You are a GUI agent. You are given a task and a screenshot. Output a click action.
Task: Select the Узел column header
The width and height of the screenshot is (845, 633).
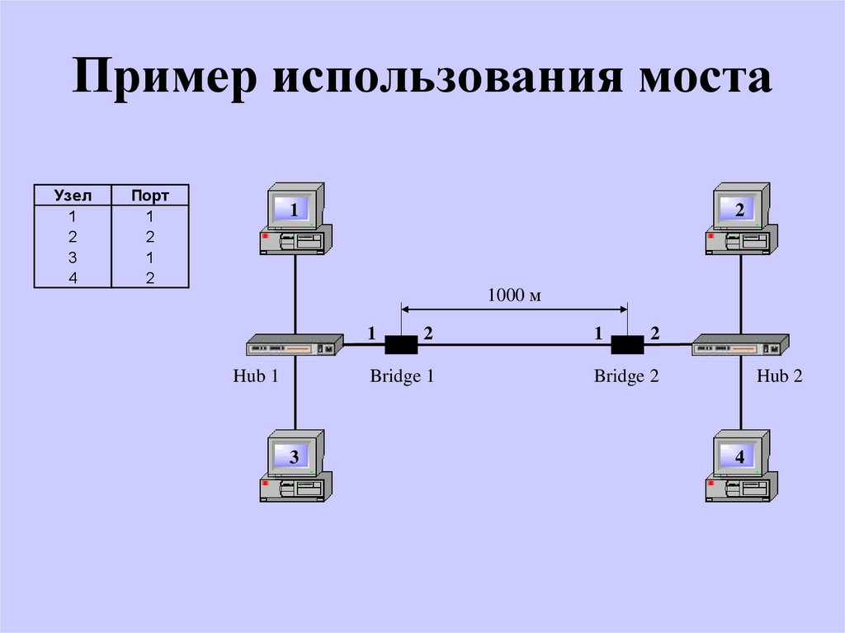pos(72,196)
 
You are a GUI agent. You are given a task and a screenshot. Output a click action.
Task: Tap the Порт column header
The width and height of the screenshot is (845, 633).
pos(150,196)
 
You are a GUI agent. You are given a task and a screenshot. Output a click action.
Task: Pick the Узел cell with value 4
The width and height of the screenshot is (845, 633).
pos(73,277)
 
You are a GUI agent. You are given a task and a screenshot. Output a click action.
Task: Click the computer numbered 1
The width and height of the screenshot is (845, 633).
pos(295,219)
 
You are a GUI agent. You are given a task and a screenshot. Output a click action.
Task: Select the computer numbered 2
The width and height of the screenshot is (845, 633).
pos(739,219)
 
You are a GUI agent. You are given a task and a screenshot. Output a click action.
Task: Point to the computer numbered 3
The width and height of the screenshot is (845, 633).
pos(295,466)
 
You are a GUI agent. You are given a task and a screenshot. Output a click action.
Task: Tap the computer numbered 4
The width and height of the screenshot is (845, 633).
pos(739,466)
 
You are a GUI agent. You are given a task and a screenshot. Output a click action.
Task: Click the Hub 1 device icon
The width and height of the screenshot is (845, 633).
pos(295,345)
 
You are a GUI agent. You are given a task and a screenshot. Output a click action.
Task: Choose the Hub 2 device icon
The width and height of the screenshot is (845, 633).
pos(740,345)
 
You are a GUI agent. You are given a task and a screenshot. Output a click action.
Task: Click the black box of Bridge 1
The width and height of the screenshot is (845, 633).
pos(402,344)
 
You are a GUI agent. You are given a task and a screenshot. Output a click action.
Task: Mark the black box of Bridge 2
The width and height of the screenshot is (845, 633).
pos(626,344)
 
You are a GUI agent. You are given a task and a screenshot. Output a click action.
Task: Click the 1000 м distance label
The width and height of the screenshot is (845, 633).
pos(513,295)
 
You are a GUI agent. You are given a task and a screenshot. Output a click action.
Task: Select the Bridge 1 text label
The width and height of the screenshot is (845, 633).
pos(402,376)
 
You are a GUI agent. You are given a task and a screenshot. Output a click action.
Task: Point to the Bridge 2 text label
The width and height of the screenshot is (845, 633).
pos(626,376)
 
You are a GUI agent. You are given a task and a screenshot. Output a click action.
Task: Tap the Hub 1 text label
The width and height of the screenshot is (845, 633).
pos(256,376)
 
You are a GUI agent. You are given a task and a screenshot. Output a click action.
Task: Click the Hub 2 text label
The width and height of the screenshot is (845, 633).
pos(780,376)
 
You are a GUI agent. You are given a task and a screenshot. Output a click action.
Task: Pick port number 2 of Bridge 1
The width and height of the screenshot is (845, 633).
pos(428,333)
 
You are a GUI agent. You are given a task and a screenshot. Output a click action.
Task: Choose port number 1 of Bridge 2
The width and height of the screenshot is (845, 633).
pos(598,333)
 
